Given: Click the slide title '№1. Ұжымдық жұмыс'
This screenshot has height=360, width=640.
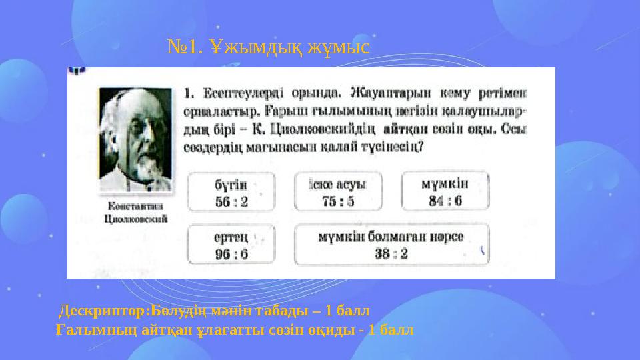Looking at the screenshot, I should coord(271,46).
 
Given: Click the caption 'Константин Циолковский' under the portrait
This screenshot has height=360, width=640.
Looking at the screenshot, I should coord(136,212).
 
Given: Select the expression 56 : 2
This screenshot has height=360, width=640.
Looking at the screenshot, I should coord(231,201).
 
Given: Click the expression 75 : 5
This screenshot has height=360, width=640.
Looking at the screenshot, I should coord(338,201).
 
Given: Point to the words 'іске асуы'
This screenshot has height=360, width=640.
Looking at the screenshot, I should coord(338,183).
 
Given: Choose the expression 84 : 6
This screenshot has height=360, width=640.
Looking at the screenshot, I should coord(445,201).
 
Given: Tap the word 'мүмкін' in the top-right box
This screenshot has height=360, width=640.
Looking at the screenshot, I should coord(445,183).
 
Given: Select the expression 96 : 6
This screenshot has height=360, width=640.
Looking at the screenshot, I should coord(231,253).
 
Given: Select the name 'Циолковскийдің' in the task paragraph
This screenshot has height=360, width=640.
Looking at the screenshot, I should coord(340,128).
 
